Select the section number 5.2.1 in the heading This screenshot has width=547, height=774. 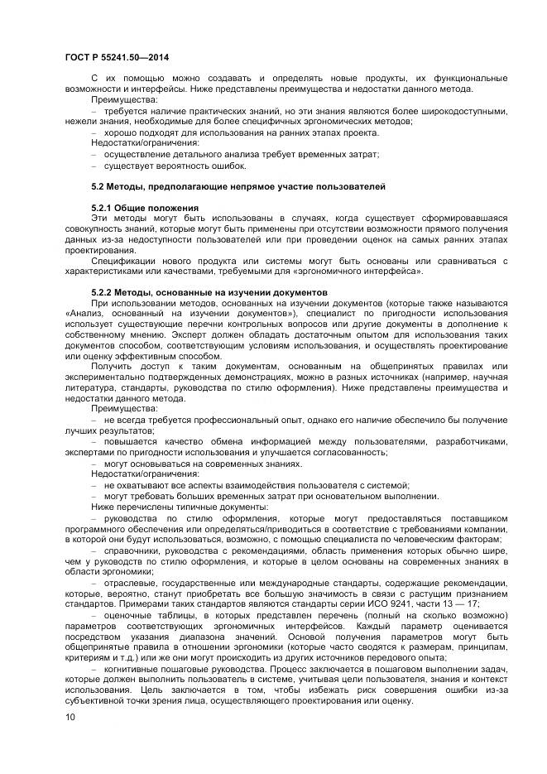coord(102,206)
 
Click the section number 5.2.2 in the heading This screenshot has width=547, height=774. coord(102,292)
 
